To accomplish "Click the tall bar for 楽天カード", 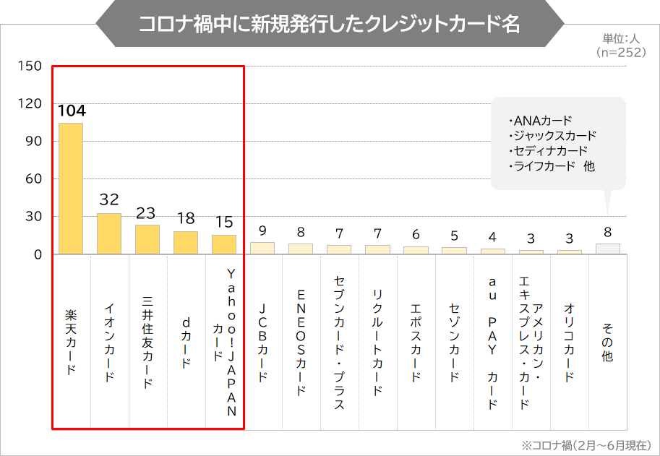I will tap(71, 189).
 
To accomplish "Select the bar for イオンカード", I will tap(109, 233).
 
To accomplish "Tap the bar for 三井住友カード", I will tap(147, 239).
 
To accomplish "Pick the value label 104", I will tap(72, 111).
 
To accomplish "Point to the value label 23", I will tap(147, 213).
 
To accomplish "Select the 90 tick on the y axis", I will tap(33, 142).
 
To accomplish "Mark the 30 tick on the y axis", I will tap(33, 217).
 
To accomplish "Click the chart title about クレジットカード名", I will tap(329, 23).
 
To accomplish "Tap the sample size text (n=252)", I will tap(621, 52).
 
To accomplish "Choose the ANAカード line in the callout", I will tap(540, 120).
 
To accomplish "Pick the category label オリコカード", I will tap(569, 343).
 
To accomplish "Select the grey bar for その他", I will tap(607, 249).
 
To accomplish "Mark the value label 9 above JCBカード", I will tap(262, 231).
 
